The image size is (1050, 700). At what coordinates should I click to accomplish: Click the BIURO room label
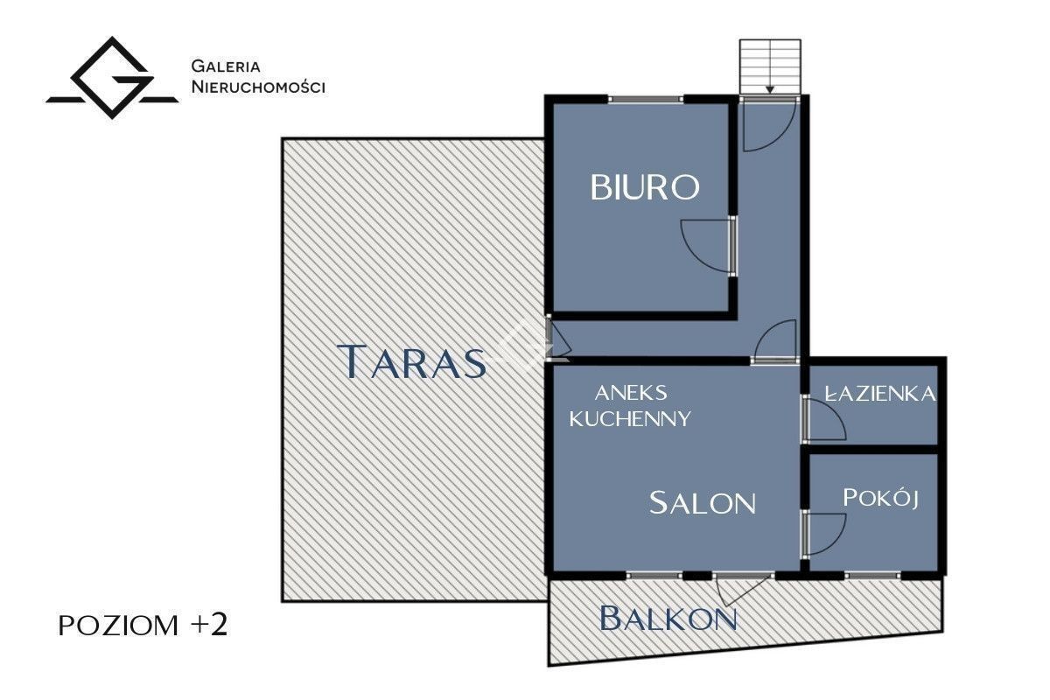pyautogui.click(x=645, y=187)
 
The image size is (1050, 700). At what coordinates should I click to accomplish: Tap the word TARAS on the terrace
pyautogui.click(x=411, y=361)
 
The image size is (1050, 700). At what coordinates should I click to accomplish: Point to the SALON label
pyautogui.click(x=702, y=502)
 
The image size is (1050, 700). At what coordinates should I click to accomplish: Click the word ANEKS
pyautogui.click(x=631, y=393)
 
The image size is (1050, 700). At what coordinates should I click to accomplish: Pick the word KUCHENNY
pyautogui.click(x=630, y=418)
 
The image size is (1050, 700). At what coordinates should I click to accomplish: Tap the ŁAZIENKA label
pyautogui.click(x=880, y=394)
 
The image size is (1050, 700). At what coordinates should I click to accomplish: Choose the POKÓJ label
pyautogui.click(x=880, y=498)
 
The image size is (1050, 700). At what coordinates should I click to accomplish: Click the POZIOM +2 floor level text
pyautogui.click(x=143, y=625)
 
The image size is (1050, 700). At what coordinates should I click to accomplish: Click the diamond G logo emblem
pyautogui.click(x=112, y=77)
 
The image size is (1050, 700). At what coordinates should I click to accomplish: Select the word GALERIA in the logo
pyautogui.click(x=226, y=66)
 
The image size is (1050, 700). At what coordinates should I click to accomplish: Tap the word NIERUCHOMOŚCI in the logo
pyautogui.click(x=258, y=87)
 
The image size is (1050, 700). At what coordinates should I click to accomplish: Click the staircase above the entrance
pyautogui.click(x=770, y=66)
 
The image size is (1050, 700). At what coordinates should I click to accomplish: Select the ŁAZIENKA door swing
pyautogui.click(x=827, y=417)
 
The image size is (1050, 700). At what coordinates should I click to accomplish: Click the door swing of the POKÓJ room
pyautogui.click(x=827, y=535)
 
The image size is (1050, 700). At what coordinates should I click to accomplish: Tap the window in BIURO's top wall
pyautogui.click(x=646, y=99)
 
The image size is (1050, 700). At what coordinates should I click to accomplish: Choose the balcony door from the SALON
pyautogui.click(x=744, y=589)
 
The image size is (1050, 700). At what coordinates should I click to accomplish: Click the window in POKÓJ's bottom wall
pyautogui.click(x=873, y=575)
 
